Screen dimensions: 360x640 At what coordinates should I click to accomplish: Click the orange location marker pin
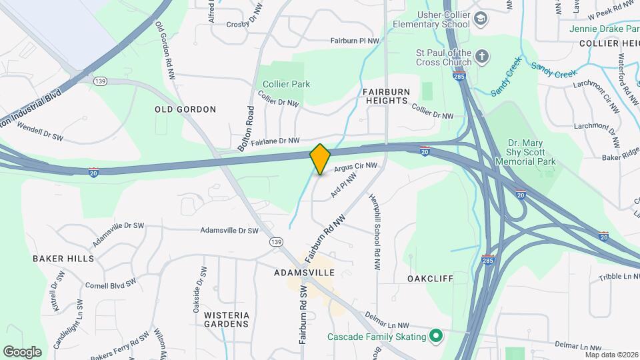(x=320, y=159)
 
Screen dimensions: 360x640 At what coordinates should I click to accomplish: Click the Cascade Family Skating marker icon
(x=436, y=335)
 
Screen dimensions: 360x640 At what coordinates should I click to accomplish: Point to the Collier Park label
(x=286, y=84)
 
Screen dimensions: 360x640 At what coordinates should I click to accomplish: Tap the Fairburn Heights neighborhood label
(x=385, y=95)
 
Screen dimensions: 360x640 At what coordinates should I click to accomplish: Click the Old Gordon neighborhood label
(x=185, y=109)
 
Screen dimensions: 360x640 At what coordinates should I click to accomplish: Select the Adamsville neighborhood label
(x=304, y=273)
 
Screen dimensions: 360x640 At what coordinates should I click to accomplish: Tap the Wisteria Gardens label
(x=227, y=319)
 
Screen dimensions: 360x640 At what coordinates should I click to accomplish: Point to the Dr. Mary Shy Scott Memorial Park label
(x=531, y=152)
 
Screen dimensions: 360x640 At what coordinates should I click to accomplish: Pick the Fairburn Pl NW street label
(x=355, y=41)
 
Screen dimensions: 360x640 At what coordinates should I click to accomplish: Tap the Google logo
(x=22, y=351)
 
